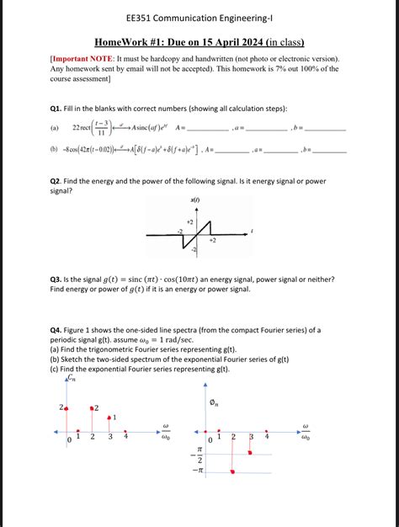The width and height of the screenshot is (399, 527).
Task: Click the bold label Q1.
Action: [x=58, y=109]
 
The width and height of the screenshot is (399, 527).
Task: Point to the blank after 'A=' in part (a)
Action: [x=207, y=128]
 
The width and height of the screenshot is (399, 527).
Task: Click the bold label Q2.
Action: [x=58, y=181]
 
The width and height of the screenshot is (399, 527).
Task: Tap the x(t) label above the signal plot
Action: [x=195, y=200]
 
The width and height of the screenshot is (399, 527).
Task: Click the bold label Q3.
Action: [x=58, y=279]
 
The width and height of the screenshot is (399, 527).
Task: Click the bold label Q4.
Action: [x=58, y=330]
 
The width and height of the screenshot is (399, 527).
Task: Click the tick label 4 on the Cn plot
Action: [x=125, y=437]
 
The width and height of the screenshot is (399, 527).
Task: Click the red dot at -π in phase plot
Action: [x=232, y=472]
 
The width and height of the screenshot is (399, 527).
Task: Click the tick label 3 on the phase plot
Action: [x=251, y=437]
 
